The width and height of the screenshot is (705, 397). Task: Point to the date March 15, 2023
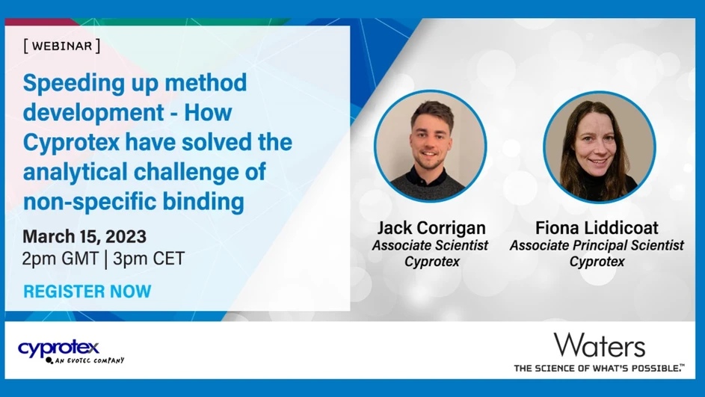pyautogui.click(x=84, y=237)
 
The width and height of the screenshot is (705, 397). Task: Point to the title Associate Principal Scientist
pyautogui.click(x=597, y=245)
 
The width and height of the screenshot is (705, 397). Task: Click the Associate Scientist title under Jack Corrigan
pyautogui.click(x=431, y=245)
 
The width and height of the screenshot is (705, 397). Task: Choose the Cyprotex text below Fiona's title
pyautogui.click(x=597, y=262)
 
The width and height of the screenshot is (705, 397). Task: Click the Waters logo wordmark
pyautogui.click(x=599, y=345)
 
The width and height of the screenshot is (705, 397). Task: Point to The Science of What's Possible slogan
pyautogui.click(x=598, y=368)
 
